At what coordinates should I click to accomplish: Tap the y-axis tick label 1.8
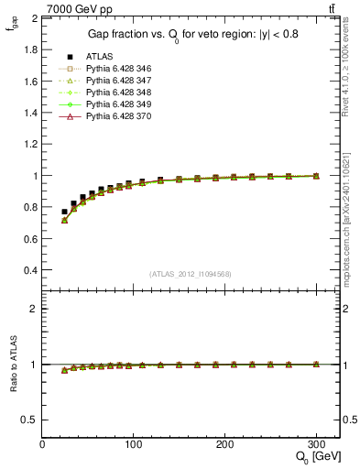tap(28, 49)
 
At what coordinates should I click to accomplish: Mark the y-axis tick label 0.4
tap(28, 270)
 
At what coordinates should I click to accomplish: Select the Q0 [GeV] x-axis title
tap(311, 457)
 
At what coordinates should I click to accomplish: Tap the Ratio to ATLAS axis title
tap(13, 365)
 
